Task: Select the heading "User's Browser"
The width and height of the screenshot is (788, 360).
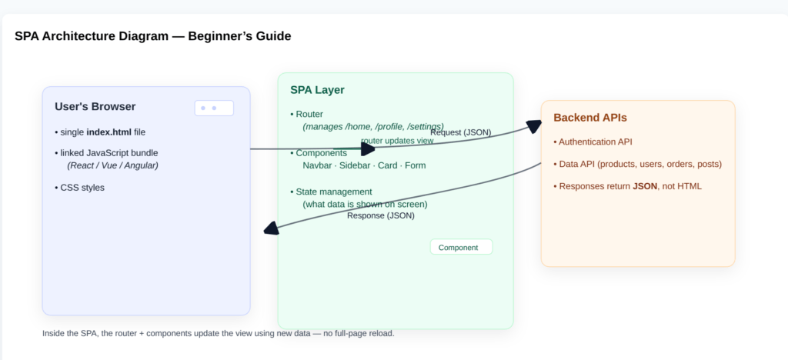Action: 95,107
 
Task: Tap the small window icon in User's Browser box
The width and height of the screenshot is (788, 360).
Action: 214,108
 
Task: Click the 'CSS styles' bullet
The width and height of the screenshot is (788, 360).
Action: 82,187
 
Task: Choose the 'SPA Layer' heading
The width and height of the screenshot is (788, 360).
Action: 317,90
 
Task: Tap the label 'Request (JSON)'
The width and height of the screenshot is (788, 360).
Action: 460,132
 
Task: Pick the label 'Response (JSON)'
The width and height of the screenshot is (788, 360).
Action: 380,215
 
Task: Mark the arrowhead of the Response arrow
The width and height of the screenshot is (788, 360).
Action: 270,228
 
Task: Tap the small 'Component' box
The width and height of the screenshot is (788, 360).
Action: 460,248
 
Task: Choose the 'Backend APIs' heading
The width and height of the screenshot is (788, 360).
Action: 589,118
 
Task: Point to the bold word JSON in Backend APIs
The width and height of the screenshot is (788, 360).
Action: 645,186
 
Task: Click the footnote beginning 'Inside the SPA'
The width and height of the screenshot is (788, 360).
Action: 218,333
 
